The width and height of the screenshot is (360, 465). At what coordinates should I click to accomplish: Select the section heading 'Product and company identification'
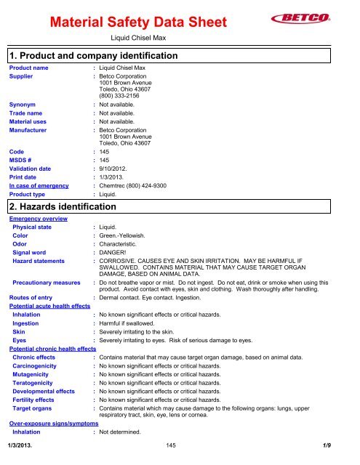tap(97, 55)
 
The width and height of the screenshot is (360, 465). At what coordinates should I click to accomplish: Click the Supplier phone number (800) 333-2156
tap(124, 102)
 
